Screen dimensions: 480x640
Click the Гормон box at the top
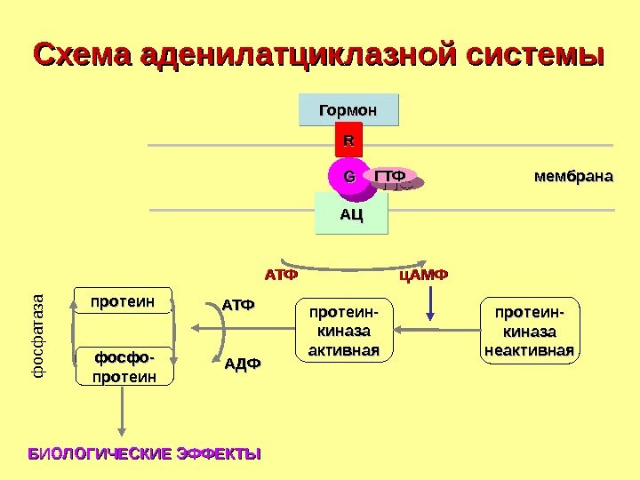point(348,110)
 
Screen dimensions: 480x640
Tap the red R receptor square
point(348,141)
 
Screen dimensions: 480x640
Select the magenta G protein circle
point(347,177)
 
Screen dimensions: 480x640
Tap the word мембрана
point(573,176)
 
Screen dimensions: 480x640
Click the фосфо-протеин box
point(125,366)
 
